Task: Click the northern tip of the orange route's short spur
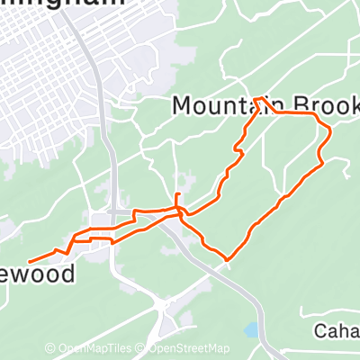point(177,193)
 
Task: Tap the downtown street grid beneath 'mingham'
point(45,81)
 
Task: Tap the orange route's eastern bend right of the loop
point(330,135)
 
